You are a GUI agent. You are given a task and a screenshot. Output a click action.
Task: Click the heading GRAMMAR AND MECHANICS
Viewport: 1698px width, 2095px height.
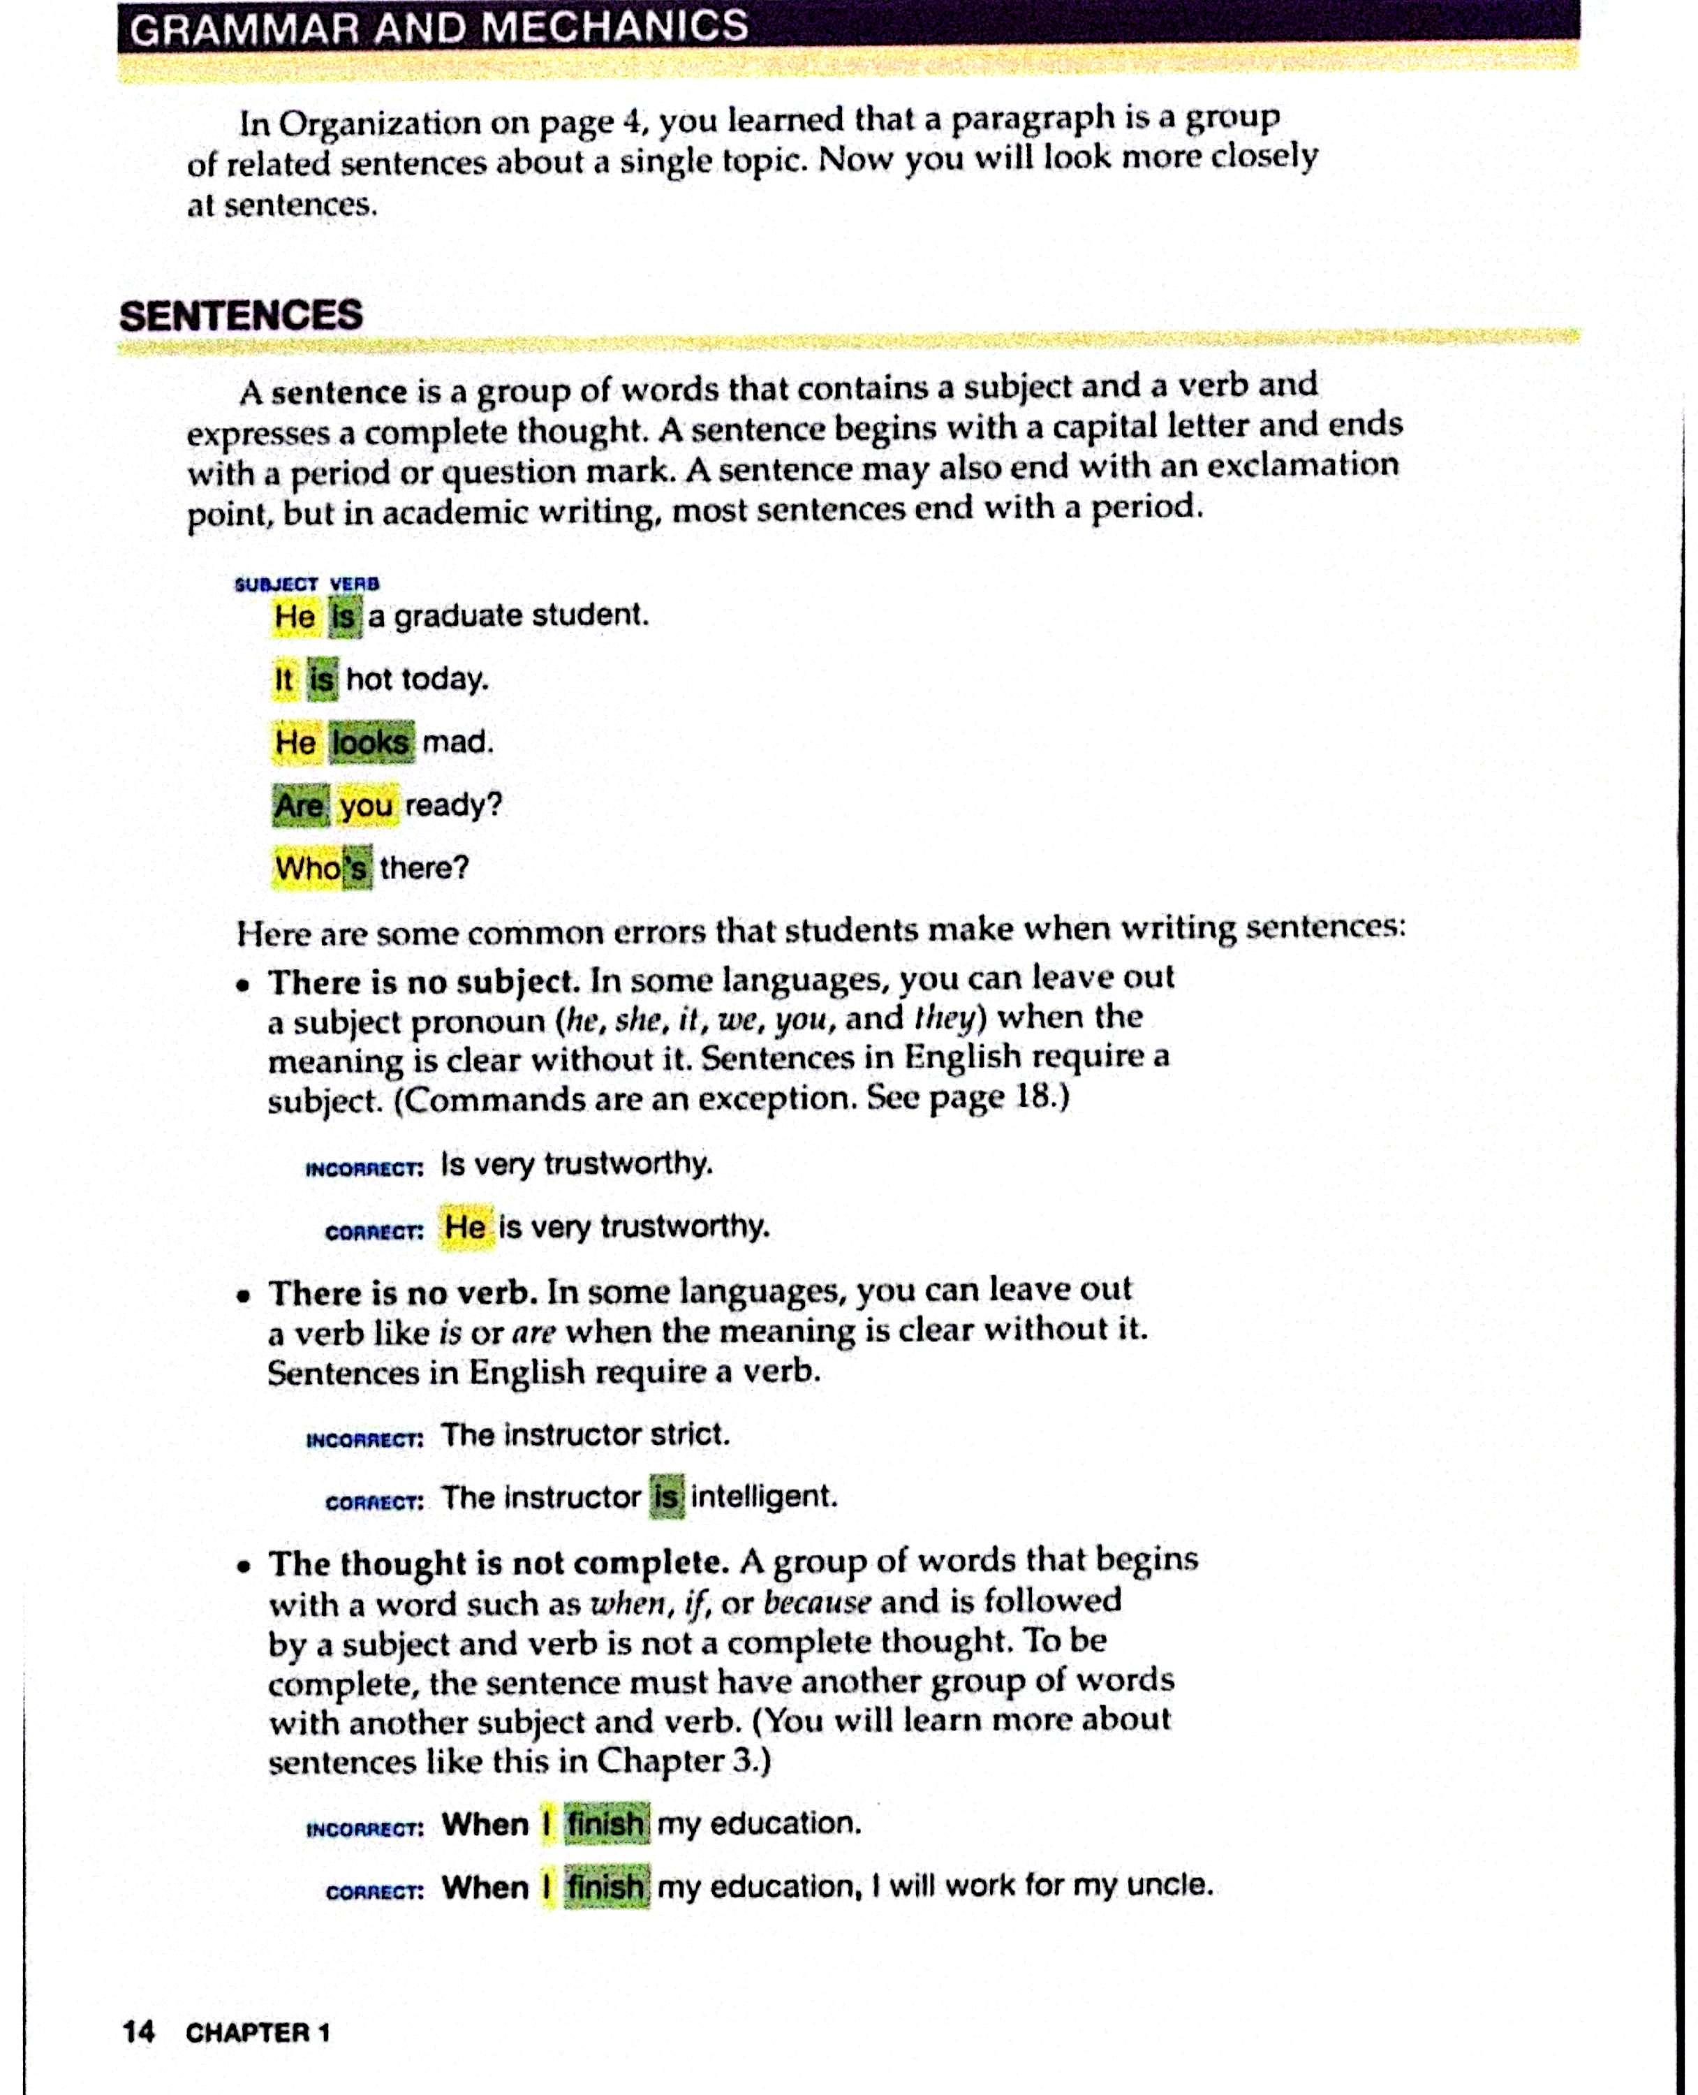tap(439, 27)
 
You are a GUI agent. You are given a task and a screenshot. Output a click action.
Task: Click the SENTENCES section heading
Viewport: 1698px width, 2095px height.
tap(241, 315)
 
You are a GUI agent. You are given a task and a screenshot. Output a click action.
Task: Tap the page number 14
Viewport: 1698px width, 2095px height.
tap(138, 2031)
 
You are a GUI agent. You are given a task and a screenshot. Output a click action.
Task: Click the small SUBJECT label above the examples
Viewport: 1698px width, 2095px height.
tap(276, 584)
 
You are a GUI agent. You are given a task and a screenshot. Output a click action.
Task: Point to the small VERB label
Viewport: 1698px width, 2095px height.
tap(354, 584)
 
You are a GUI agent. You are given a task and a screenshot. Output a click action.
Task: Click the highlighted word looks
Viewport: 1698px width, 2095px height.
tap(371, 742)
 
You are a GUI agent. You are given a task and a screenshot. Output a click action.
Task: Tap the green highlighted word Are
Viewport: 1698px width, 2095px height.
tap(298, 806)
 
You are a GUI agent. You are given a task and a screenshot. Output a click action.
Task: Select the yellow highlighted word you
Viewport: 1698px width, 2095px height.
tap(367, 806)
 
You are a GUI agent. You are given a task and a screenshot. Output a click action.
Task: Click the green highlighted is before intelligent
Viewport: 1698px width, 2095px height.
tap(666, 1497)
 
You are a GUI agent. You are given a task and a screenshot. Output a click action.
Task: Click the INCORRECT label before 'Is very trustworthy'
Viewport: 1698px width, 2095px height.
tap(364, 1169)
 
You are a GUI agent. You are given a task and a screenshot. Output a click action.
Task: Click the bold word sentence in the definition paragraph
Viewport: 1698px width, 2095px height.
tap(339, 392)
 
